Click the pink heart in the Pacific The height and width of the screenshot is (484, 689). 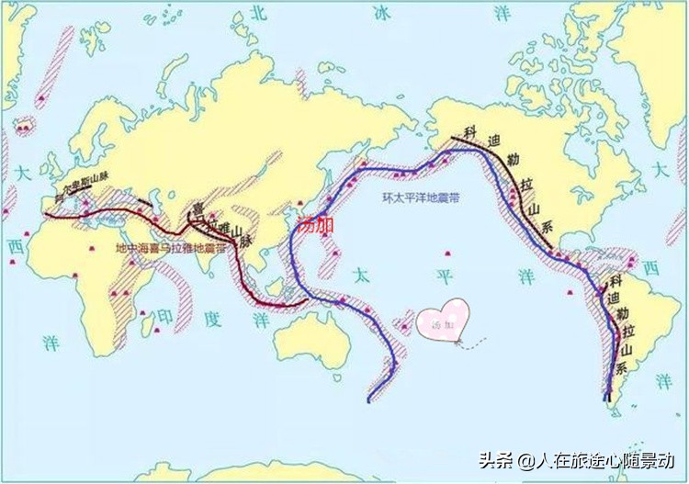coord(443,321)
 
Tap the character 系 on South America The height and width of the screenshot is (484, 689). coord(620,367)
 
